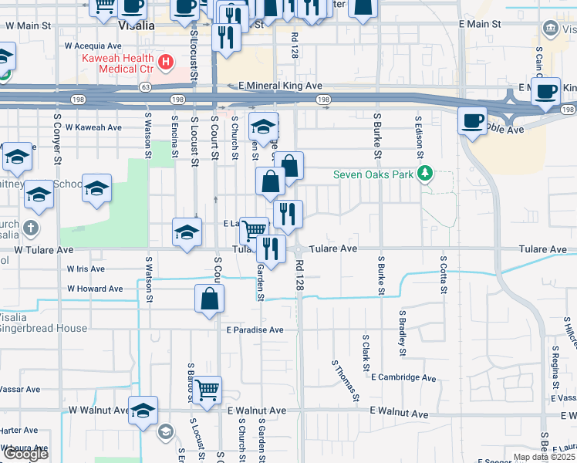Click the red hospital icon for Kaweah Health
pyautogui.click(x=164, y=61)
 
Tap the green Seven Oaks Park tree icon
pyautogui.click(x=423, y=173)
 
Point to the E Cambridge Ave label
pyautogui.click(x=403, y=377)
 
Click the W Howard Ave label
pyautogui.click(x=95, y=289)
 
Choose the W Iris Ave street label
pyautogui.click(x=86, y=269)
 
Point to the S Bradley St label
pyautogui.click(x=402, y=333)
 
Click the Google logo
pyautogui.click(x=25, y=454)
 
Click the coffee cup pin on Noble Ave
pyautogui.click(x=471, y=120)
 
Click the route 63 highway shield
pyautogui.click(x=145, y=87)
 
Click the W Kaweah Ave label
pyautogui.click(x=93, y=127)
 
